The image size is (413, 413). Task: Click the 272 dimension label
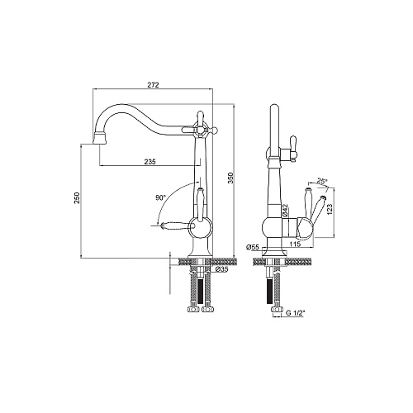[x=154, y=85]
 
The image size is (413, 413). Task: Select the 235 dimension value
[x=150, y=162]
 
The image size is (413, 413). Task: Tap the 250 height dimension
[x=77, y=197]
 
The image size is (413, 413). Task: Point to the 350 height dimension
[x=230, y=178]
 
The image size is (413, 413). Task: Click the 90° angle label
[x=161, y=197]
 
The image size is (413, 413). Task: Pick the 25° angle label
[x=322, y=181]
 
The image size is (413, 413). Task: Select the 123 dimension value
[x=330, y=209]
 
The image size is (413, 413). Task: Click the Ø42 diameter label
[x=285, y=210]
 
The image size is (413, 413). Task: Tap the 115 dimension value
[x=295, y=244]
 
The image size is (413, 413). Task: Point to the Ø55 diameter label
[x=253, y=247]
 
